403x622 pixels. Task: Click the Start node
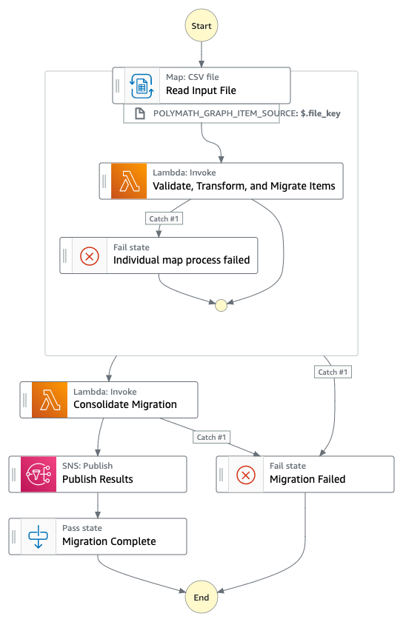[201, 26]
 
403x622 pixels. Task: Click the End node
[201, 597]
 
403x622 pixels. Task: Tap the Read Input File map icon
[141, 86]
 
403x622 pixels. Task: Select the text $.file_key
[321, 113]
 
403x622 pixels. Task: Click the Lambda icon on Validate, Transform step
[129, 181]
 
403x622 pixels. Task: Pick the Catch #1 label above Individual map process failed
[164, 218]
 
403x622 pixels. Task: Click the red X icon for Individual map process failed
[90, 256]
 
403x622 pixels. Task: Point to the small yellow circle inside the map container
[222, 305]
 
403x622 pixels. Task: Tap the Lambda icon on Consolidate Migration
[50, 399]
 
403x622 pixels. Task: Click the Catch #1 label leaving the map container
[333, 372]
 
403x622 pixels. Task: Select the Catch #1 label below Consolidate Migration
[212, 437]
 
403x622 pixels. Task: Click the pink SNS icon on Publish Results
[39, 474]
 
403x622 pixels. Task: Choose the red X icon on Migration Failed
[246, 475]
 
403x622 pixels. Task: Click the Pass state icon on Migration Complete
[38, 536]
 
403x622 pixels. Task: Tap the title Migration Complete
[109, 541]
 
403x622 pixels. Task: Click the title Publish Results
[98, 479]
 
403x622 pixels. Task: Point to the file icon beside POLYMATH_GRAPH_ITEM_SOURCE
[140, 113]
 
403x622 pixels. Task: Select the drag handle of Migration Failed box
[222, 475]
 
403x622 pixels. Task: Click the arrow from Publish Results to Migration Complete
[98, 505]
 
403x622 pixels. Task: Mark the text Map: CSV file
[192, 77]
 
